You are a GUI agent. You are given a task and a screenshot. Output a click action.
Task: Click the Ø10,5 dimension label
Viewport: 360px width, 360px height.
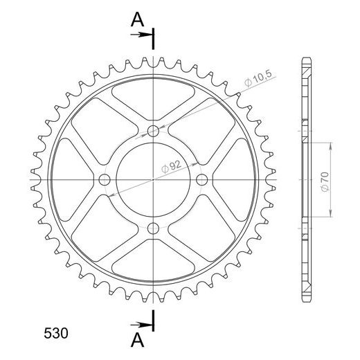click(x=259, y=79)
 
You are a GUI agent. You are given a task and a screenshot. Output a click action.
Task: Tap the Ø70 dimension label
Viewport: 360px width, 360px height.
click(x=325, y=181)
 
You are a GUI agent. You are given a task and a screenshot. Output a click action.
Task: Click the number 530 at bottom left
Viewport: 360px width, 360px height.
click(x=56, y=333)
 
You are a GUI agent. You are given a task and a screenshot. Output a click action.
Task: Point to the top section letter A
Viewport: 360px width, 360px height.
click(x=137, y=19)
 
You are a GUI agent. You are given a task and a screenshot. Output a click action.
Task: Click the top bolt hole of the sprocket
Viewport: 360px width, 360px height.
click(x=153, y=131)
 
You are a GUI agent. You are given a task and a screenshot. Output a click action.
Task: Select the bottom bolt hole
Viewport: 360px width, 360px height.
click(x=153, y=228)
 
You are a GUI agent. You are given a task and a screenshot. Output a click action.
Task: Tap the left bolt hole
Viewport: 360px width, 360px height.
click(x=105, y=180)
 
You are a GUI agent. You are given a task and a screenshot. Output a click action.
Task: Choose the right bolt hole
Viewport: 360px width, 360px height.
click(x=202, y=180)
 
